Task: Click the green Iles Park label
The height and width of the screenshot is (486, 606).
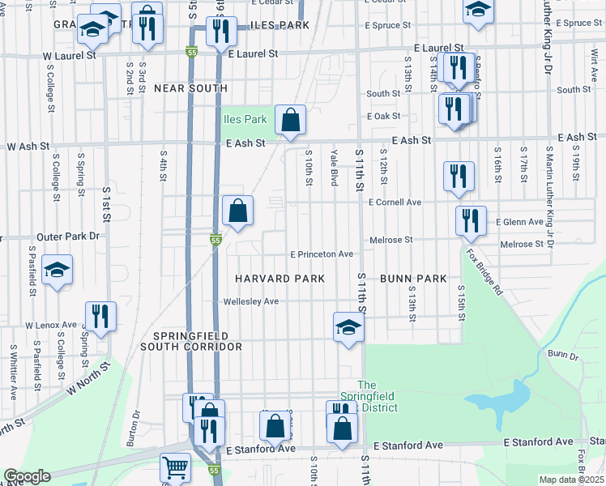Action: coord(245,119)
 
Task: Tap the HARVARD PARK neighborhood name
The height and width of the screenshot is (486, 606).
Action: coord(280,279)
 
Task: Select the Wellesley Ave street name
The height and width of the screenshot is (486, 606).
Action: coord(251,301)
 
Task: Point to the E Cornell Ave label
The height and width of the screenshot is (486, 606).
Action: coord(396,202)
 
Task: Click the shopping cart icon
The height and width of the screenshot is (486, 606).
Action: coord(175,467)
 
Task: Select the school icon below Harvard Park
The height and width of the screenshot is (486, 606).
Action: coord(349,327)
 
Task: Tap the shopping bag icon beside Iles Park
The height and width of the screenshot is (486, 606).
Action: coord(290,120)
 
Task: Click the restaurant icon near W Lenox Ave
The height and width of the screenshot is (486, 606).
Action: coord(100,316)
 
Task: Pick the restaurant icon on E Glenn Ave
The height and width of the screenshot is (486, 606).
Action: coord(471,220)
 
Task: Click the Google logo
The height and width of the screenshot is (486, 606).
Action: coord(27,476)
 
